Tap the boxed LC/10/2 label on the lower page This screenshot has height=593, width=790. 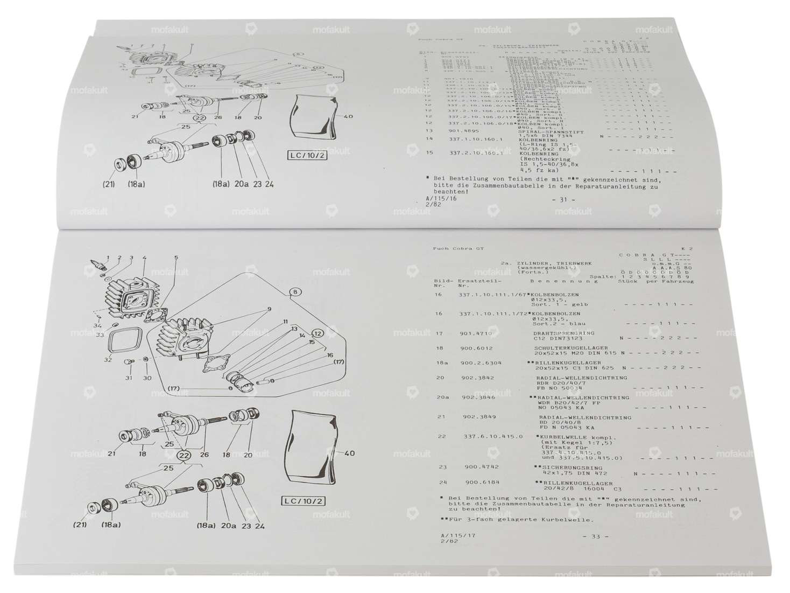click(x=303, y=501)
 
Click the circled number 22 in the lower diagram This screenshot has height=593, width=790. click(x=185, y=455)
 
